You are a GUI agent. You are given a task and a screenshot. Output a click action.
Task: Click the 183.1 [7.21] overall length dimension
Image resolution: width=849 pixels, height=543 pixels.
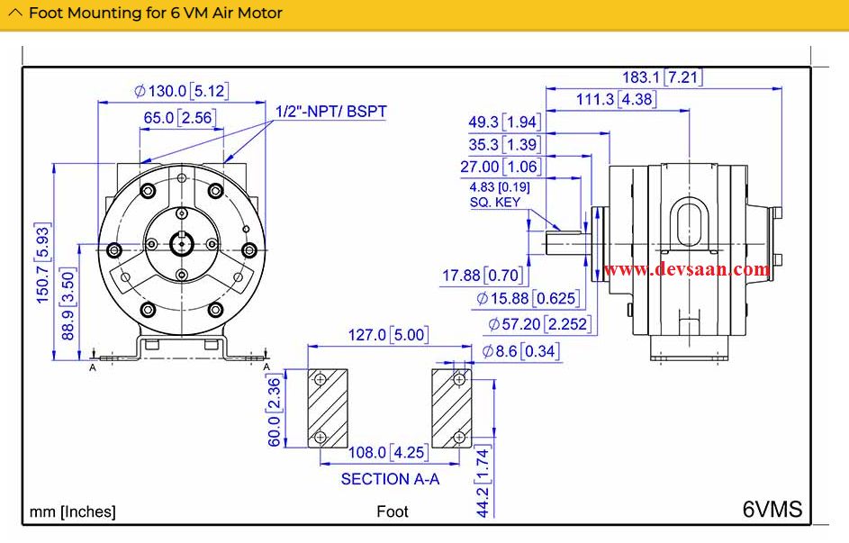point(662,77)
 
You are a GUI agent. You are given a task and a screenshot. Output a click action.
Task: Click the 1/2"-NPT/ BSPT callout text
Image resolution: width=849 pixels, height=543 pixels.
point(330,112)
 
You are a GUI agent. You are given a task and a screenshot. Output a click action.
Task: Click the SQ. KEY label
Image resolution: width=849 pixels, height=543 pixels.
point(494,203)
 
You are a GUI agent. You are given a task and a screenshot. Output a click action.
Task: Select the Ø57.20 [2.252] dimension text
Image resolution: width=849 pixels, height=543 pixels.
point(538,323)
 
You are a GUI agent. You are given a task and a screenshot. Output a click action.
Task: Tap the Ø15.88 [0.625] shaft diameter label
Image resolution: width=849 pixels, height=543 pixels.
point(528,298)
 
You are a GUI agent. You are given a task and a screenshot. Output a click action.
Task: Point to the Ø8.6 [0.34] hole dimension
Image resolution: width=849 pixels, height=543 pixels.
point(520,351)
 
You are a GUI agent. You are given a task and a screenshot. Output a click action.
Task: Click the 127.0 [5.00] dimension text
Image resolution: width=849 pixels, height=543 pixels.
point(388,335)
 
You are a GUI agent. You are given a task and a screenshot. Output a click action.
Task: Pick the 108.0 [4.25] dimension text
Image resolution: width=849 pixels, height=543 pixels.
point(389,453)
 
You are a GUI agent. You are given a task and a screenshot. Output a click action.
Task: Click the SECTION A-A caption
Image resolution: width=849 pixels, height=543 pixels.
point(390,479)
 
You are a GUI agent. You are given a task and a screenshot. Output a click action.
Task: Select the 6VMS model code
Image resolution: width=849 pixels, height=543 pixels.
point(772,509)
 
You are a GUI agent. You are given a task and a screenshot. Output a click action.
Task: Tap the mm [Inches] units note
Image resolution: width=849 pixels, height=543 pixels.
point(73,511)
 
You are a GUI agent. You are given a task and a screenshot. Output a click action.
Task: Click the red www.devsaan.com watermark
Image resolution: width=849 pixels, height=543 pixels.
point(686,269)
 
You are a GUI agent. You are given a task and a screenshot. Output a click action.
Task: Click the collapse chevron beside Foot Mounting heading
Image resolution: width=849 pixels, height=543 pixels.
point(15,14)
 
